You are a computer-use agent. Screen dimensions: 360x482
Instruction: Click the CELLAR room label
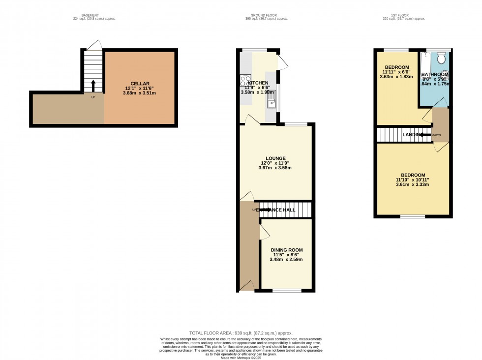pyautogui.click(x=140, y=84)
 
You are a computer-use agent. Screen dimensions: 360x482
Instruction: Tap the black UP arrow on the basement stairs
pyautogui.click(x=93, y=86)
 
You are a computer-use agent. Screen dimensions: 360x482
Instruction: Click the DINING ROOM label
pyautogui.click(x=286, y=250)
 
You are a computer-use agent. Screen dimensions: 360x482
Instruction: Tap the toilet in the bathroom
pyautogui.click(x=441, y=59)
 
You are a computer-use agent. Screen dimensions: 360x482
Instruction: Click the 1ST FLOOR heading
pyautogui.click(x=408, y=16)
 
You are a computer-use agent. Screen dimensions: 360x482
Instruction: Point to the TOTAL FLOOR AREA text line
pyautogui.click(x=241, y=333)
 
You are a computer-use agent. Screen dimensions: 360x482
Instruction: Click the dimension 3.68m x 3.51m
pyautogui.click(x=140, y=93)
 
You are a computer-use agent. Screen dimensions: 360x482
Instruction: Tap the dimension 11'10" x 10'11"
pyautogui.click(x=413, y=180)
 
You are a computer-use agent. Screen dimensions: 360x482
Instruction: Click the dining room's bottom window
pyautogui.click(x=286, y=291)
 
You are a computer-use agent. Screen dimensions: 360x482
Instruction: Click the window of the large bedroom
pyautogui.click(x=413, y=216)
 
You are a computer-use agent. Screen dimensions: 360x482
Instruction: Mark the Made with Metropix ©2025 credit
pyautogui.click(x=241, y=357)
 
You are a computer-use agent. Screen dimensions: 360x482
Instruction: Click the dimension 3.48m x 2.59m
pyautogui.click(x=286, y=259)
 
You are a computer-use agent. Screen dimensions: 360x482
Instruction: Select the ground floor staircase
pyautogui.click(x=285, y=210)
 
